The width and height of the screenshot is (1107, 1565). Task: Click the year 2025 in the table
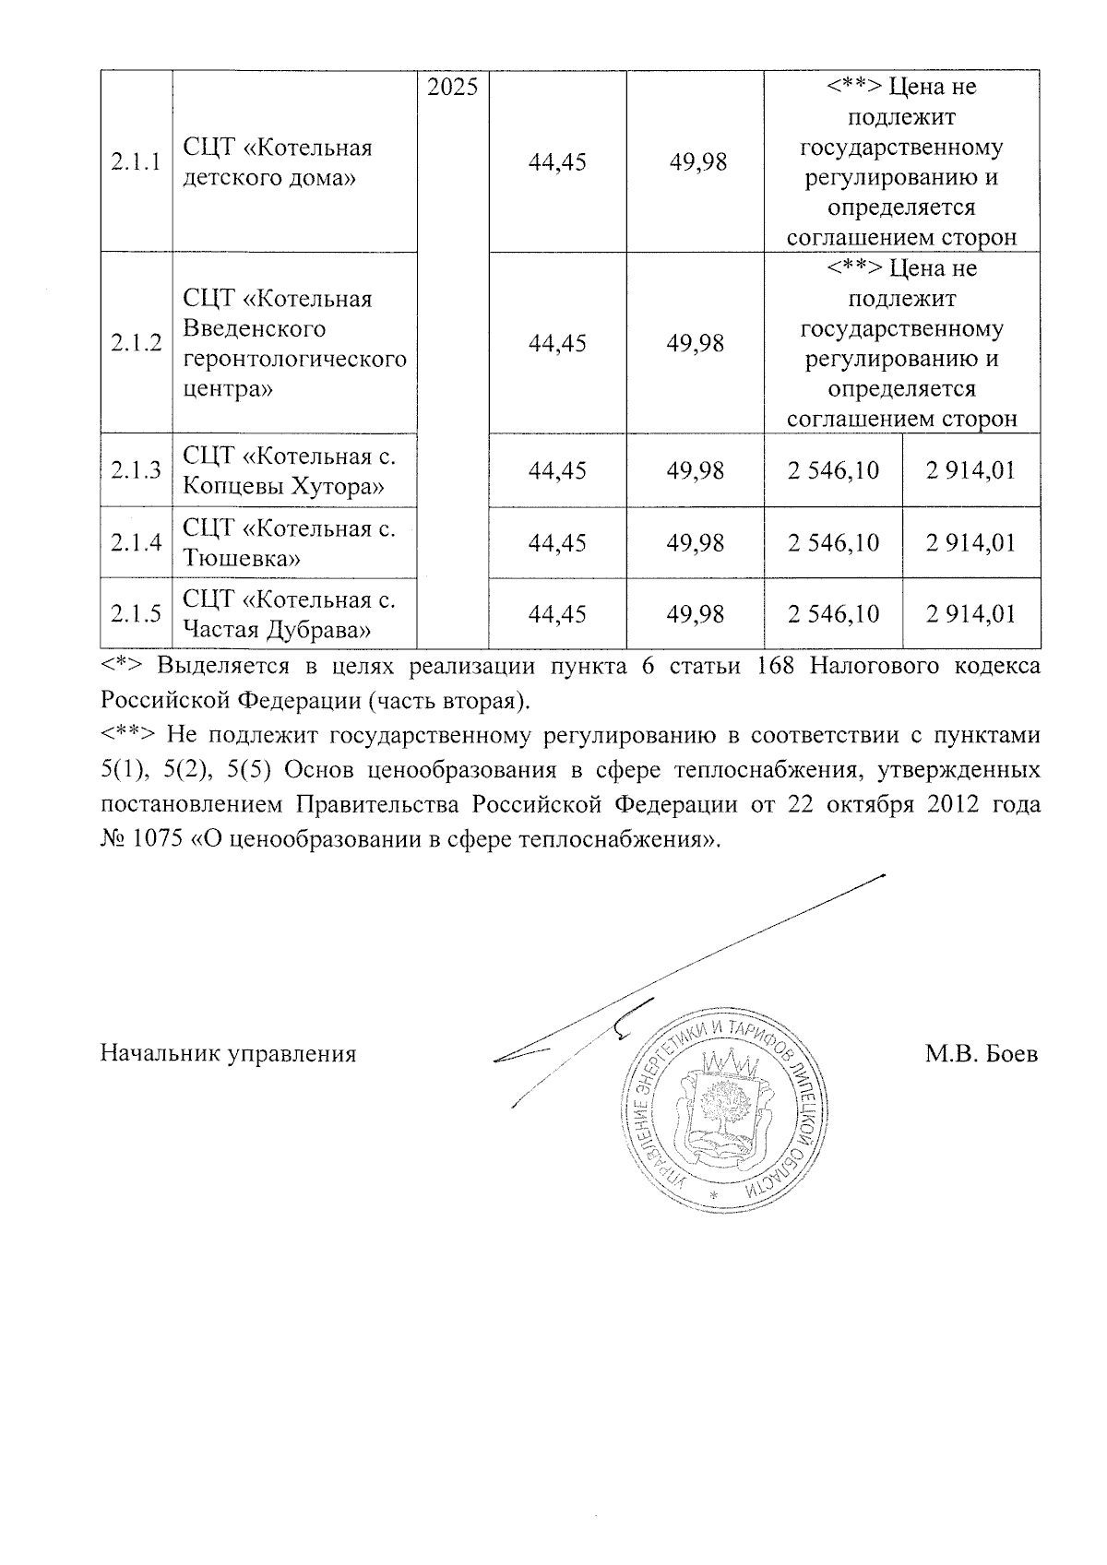(x=452, y=89)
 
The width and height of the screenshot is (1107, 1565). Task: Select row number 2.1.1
(x=136, y=162)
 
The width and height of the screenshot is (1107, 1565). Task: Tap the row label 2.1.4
(x=136, y=542)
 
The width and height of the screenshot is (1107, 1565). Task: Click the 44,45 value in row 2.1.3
(x=557, y=470)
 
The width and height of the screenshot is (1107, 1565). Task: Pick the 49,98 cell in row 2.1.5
(x=696, y=614)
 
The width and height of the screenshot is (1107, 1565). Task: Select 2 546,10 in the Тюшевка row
(x=833, y=542)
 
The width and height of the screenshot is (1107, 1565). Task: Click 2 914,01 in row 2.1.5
(x=970, y=614)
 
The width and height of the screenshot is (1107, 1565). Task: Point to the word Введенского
(x=255, y=329)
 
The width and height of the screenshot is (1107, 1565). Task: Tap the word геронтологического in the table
(x=294, y=359)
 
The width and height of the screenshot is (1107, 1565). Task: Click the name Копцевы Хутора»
(x=283, y=485)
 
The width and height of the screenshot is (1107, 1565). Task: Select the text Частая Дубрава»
(x=277, y=630)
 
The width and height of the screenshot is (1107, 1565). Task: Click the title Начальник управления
(x=228, y=1054)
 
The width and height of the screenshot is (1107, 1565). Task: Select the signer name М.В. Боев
(x=982, y=1054)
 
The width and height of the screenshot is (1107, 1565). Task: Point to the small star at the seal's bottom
(x=713, y=1195)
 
